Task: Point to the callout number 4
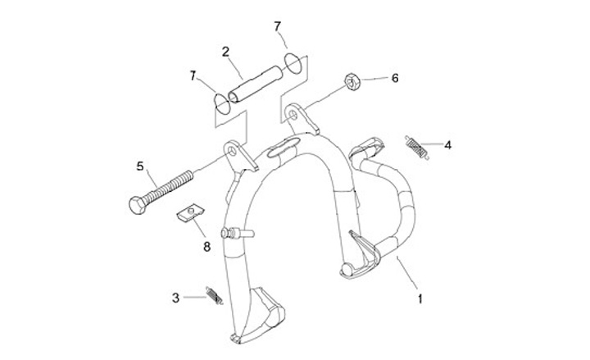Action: [x=447, y=145]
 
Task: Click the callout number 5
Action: [x=140, y=166]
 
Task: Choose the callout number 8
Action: [x=206, y=244]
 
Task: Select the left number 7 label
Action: [x=193, y=76]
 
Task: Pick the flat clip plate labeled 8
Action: [x=190, y=216]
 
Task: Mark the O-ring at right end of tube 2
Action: [x=293, y=64]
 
